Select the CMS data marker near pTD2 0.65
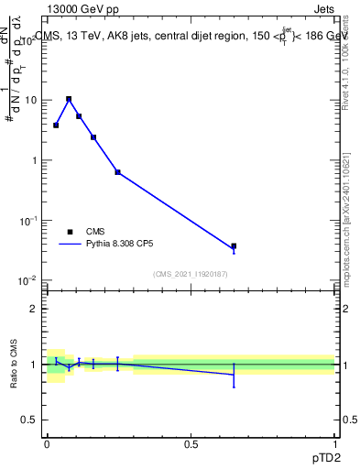[234, 246]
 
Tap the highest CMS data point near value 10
[69, 99]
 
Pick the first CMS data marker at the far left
[56, 125]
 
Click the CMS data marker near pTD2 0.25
[117, 172]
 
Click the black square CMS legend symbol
[69, 232]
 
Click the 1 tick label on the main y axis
[34, 160]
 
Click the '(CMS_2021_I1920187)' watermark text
[191, 273]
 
